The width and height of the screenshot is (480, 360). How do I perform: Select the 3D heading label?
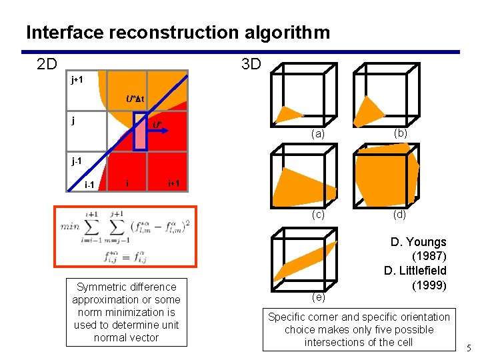(251, 64)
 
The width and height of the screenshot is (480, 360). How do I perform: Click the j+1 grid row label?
(77, 80)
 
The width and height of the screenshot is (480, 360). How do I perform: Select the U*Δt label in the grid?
(135, 99)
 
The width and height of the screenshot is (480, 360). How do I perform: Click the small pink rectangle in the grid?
(140, 131)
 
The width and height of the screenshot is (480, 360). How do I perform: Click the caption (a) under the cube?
(318, 134)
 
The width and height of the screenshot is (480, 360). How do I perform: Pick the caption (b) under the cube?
(401, 133)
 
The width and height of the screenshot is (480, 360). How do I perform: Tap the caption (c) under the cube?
(318, 214)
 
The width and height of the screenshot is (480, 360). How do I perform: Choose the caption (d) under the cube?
(399, 214)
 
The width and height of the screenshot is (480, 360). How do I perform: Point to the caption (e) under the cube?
(318, 296)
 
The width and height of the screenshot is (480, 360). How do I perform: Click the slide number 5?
(468, 347)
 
